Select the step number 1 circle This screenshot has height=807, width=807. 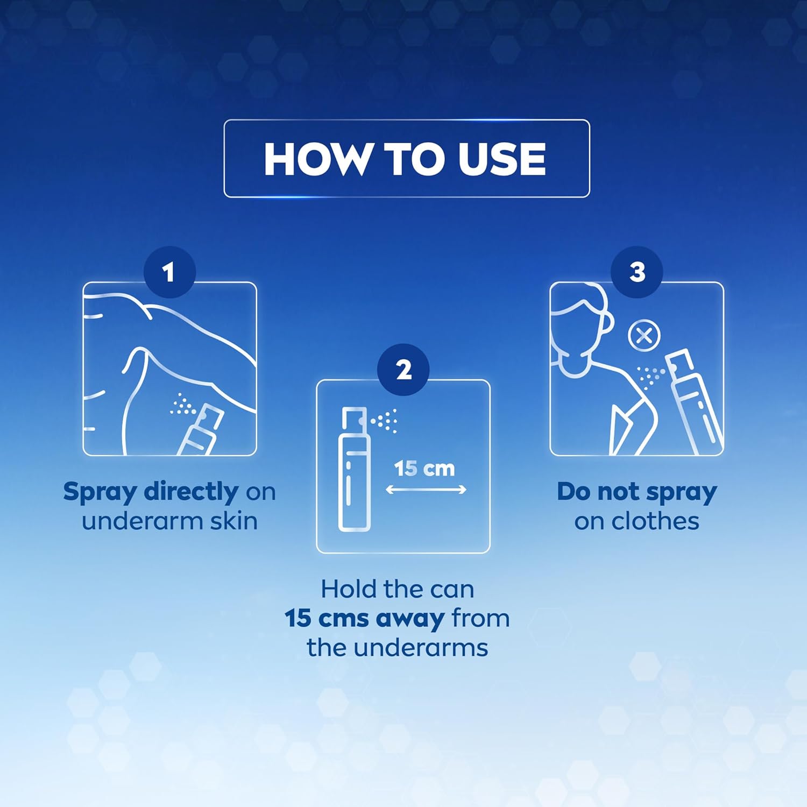coord(169,272)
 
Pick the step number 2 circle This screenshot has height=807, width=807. coord(403,370)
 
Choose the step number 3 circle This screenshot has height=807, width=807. coord(637,272)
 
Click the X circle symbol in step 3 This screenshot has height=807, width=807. coord(644,336)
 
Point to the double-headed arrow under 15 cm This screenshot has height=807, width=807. coord(426,490)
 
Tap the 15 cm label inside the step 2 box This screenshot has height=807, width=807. coord(424,469)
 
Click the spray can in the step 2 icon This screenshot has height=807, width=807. coord(354,469)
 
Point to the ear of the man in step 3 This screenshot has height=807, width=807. coord(607,323)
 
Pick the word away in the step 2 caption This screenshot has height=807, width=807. coord(410,619)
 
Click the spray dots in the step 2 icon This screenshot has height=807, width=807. coord(384,420)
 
